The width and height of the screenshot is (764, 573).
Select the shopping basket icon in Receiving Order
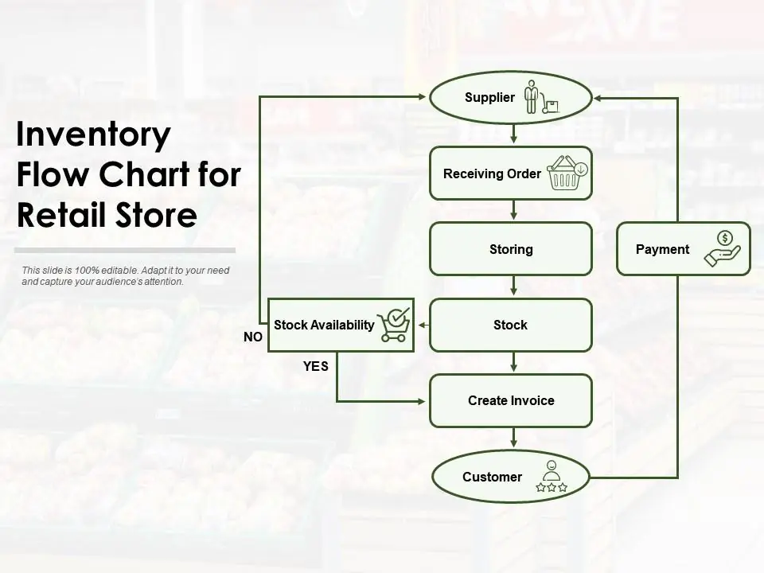point(567,173)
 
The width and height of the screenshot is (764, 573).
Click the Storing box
point(510,249)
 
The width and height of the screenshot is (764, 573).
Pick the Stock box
point(510,325)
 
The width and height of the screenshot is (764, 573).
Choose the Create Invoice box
point(510,400)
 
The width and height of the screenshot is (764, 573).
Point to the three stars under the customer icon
point(551,487)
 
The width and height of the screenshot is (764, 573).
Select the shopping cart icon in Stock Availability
point(395,325)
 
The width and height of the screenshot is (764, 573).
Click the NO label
point(253,337)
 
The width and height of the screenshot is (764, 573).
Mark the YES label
point(315,367)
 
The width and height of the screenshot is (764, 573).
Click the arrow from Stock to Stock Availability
point(423,325)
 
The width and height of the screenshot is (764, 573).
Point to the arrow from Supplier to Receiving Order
point(514,134)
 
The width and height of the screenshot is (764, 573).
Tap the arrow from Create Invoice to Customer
point(514,438)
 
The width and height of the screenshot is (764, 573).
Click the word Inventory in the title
point(94,134)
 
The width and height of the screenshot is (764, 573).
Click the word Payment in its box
point(662,249)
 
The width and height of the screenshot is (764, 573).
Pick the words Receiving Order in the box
point(492,173)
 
